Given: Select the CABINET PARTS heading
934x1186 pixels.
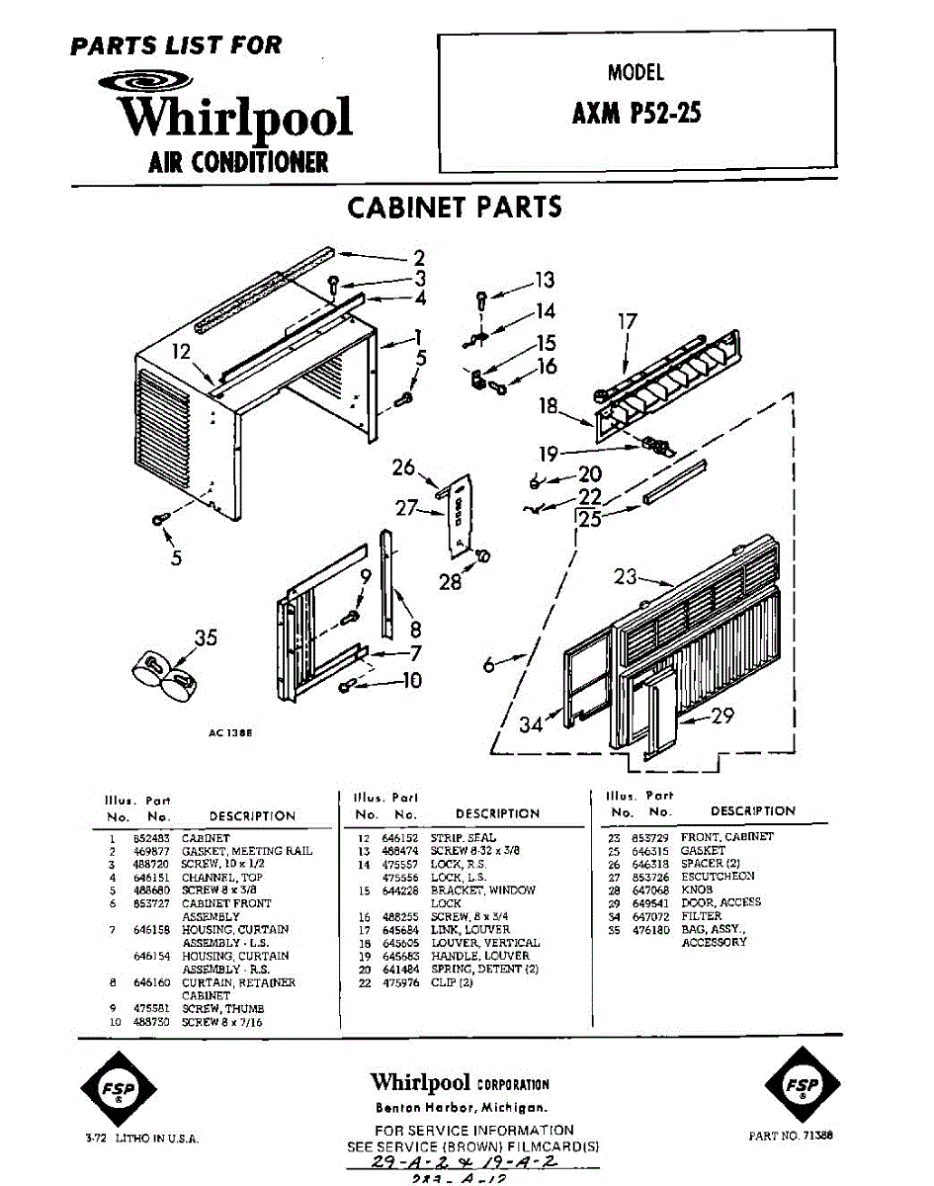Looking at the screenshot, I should point(455,208).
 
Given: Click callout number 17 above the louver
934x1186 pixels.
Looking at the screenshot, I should point(628,321).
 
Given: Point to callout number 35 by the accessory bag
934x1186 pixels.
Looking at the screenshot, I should point(205,638).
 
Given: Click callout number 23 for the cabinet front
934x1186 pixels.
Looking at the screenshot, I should point(624,576).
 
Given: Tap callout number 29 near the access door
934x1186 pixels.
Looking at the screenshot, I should point(722,716).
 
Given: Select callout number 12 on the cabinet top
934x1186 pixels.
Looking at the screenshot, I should point(180,351).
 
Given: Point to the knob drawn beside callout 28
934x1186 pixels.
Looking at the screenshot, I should point(484,556).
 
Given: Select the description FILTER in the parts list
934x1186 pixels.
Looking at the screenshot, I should point(701,916).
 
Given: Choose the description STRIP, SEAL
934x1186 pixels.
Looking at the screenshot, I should point(463,837).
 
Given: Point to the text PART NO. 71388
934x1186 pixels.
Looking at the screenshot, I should point(791,1137).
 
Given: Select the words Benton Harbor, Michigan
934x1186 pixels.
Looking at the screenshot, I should point(461,1107).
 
